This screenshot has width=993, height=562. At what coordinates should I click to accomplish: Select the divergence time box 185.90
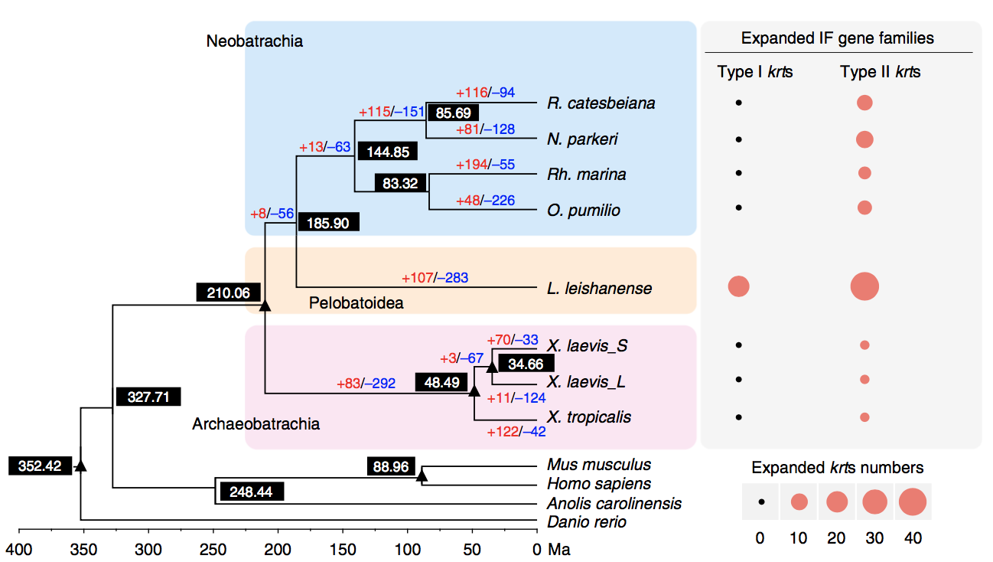click(x=328, y=224)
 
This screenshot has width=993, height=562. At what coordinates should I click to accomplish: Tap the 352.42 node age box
click(x=40, y=466)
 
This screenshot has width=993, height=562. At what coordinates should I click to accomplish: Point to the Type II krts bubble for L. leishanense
click(x=864, y=287)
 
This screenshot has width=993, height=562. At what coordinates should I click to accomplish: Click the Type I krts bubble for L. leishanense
click(x=738, y=287)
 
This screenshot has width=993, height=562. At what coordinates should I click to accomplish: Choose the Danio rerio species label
click(x=586, y=522)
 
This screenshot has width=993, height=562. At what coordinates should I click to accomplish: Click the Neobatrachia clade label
click(x=254, y=41)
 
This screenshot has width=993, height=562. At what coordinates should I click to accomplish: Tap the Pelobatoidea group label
click(x=356, y=303)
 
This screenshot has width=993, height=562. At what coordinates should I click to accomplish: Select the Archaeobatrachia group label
click(x=256, y=423)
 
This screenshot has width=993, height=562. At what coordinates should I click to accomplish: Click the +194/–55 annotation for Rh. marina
click(x=485, y=165)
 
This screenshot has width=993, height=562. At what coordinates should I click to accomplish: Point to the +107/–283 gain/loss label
click(x=435, y=277)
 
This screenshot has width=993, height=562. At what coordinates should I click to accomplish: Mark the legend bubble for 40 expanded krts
click(x=912, y=502)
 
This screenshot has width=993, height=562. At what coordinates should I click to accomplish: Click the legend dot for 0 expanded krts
click(x=761, y=502)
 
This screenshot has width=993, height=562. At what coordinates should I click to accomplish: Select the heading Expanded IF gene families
click(x=838, y=38)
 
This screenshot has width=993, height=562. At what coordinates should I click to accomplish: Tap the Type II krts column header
click(x=880, y=73)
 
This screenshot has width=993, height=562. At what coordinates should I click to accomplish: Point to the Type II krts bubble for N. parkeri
click(x=864, y=139)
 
